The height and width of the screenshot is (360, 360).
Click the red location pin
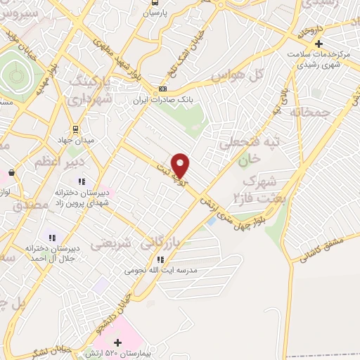pos(181,165)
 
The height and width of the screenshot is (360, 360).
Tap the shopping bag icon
pos(11,172)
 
